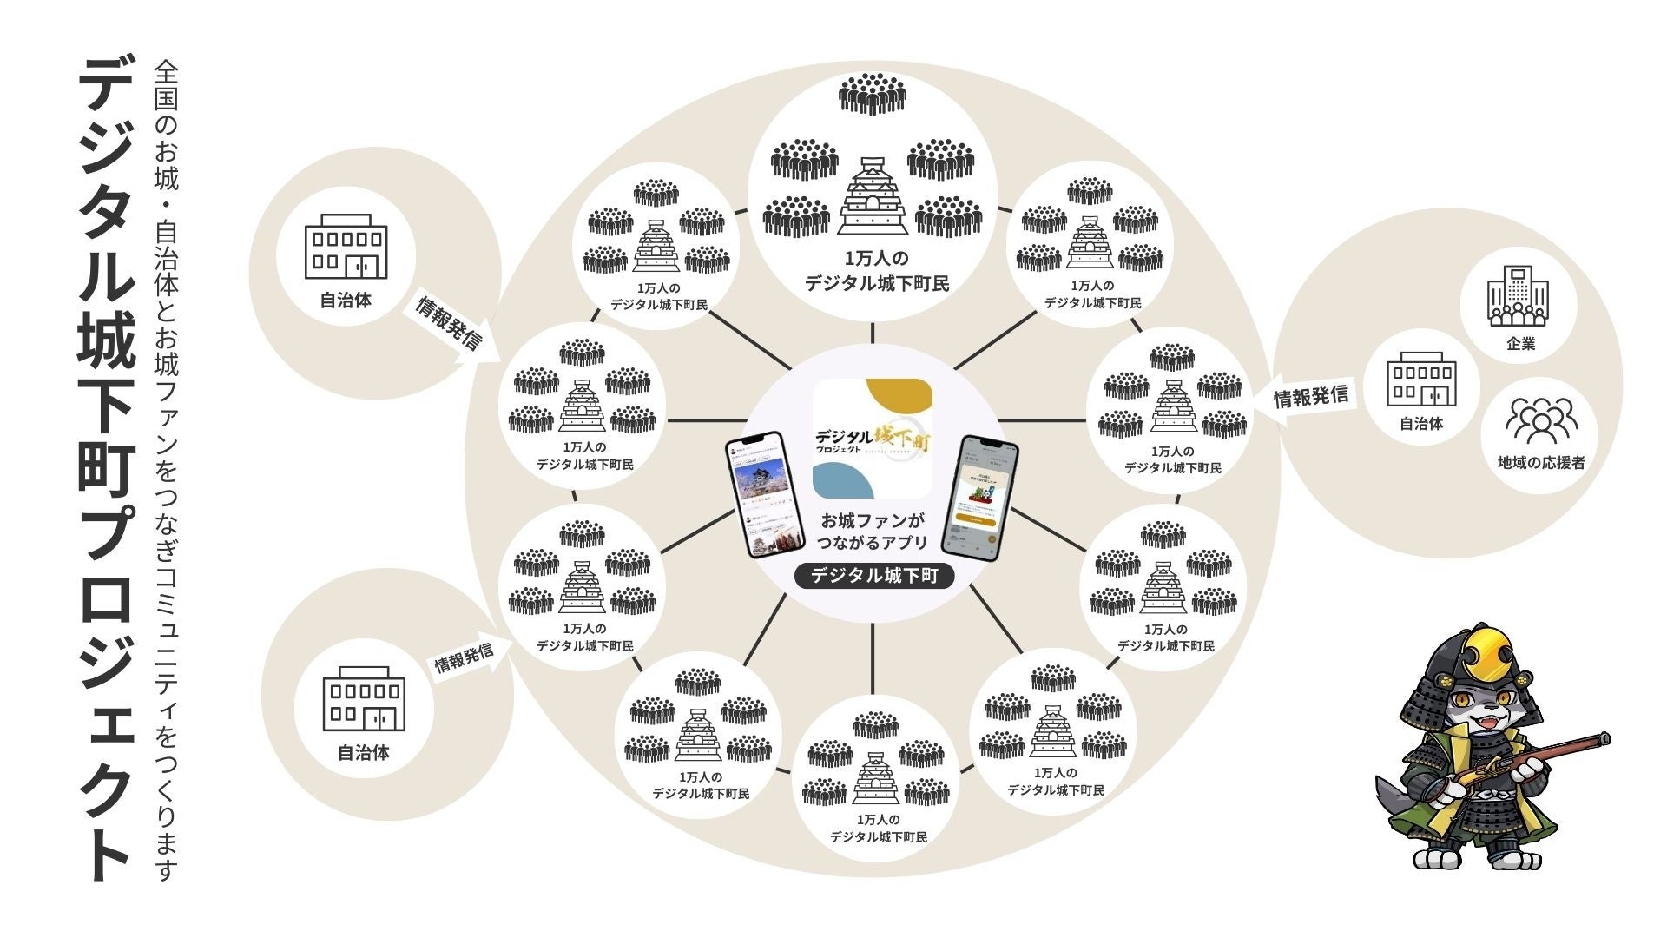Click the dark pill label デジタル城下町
(x=873, y=576)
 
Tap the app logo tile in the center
(x=873, y=438)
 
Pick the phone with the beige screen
(x=988, y=499)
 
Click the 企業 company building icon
(x=1519, y=297)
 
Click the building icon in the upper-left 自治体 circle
(x=346, y=247)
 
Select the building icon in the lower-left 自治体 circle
(x=365, y=699)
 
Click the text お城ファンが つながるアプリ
(x=873, y=532)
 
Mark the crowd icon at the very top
(x=873, y=94)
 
